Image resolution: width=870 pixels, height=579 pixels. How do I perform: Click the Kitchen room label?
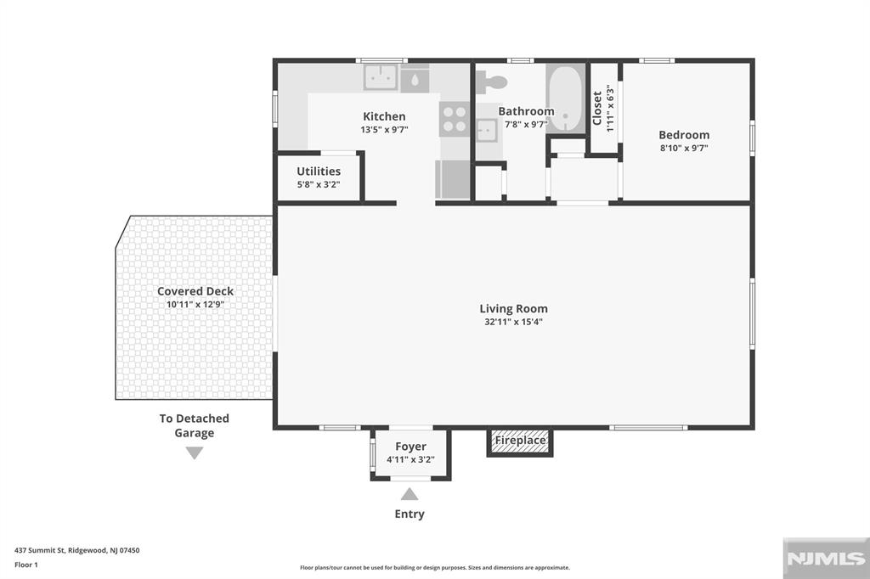[384, 116]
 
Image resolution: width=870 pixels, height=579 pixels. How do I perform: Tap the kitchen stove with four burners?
[455, 119]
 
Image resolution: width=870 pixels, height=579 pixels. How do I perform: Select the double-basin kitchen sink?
[380, 77]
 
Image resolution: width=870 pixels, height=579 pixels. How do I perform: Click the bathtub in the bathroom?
[565, 98]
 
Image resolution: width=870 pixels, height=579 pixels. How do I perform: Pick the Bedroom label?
[684, 135]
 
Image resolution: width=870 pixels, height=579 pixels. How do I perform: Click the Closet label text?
[597, 108]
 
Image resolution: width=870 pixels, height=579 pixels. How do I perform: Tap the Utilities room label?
[319, 171]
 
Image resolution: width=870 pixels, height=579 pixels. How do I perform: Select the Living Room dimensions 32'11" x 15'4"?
[513, 322]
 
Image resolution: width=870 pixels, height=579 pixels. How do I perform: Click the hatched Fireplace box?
[520, 441]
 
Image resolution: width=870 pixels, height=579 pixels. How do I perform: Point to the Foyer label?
[410, 447]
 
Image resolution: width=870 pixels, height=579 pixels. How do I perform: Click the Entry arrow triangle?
[410, 493]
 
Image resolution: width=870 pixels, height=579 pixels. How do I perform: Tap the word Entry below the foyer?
[410, 514]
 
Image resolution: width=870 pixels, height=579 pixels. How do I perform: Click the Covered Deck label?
[195, 291]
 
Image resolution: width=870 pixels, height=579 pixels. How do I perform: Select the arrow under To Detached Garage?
[195, 453]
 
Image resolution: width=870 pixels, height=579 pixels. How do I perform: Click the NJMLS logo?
[826, 559]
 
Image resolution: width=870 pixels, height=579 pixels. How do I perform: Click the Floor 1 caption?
[26, 565]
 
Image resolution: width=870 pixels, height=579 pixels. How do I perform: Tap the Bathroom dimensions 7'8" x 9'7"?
[526, 124]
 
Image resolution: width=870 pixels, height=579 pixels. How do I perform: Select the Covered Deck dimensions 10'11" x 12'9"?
[195, 305]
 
